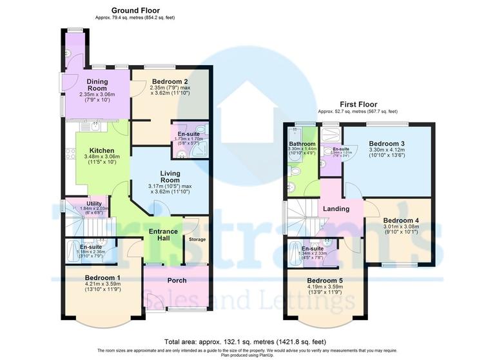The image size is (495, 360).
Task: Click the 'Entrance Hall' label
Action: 164,235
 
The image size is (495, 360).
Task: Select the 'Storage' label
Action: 197,239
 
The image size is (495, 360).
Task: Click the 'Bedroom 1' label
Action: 104,278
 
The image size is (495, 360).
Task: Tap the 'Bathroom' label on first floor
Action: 302,144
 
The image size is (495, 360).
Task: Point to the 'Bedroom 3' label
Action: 387,143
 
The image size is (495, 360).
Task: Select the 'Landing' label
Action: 336,208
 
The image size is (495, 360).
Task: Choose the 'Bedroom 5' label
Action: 325,281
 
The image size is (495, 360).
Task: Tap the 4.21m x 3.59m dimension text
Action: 104,286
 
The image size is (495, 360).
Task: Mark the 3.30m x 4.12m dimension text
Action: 387,150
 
